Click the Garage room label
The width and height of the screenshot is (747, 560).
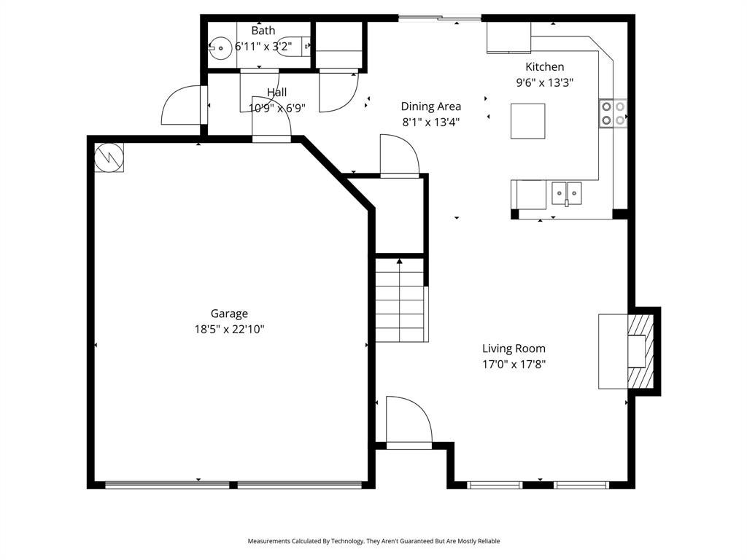click(x=229, y=314)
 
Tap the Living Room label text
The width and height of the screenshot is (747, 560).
click(x=514, y=349)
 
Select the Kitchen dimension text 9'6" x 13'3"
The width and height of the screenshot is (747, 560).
click(x=544, y=82)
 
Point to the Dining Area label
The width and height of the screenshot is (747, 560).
click(x=430, y=106)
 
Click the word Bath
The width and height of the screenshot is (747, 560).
click(x=263, y=31)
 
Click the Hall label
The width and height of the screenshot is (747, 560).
click(x=276, y=92)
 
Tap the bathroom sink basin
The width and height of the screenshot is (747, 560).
click(x=220, y=48)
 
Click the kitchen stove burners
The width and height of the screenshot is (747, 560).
click(x=613, y=113)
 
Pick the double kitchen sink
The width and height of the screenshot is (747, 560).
click(x=566, y=193)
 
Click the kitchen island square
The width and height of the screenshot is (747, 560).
click(x=528, y=121)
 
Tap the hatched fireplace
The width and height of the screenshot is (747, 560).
click(x=641, y=351)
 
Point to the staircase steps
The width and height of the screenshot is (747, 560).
click(x=400, y=300)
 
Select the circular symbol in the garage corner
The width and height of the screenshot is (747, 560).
click(x=109, y=157)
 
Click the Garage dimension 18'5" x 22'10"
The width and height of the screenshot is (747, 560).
click(x=229, y=329)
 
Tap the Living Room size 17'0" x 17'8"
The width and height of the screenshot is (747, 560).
click(x=514, y=365)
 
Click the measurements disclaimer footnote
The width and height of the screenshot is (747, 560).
click(x=373, y=541)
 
